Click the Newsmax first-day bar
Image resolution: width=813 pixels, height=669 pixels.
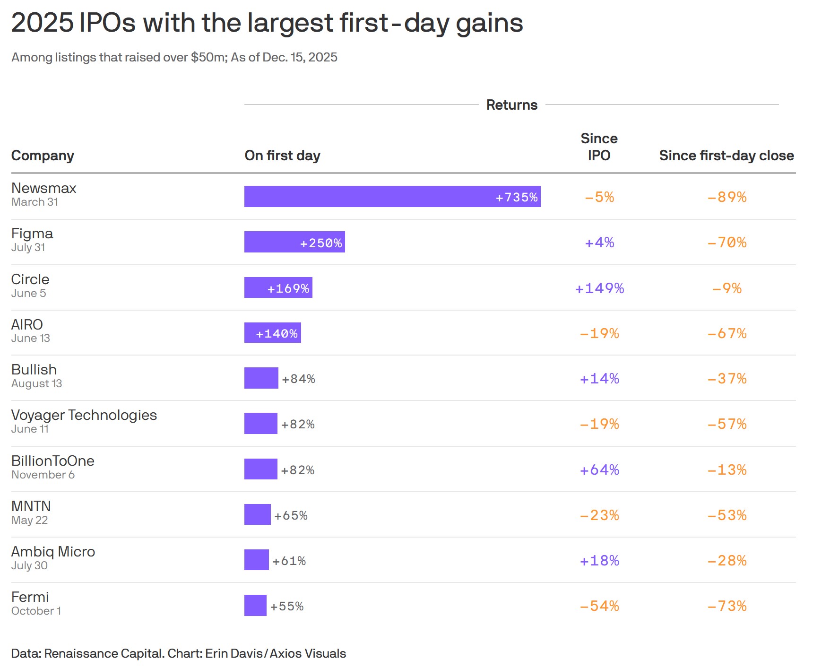[392, 196]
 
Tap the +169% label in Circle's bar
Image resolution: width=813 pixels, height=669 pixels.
[288, 288]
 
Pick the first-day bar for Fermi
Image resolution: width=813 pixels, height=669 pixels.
[255, 605]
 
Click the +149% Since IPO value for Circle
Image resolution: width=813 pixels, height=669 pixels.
[599, 288]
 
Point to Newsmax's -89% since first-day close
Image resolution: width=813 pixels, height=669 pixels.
[727, 197]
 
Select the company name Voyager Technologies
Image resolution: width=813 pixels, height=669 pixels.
[84, 415]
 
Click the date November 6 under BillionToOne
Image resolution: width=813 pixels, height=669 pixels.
[43, 475]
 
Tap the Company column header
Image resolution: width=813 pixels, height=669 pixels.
[43, 156]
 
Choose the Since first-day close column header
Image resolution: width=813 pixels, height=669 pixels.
[727, 156]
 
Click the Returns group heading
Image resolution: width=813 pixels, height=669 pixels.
[512, 104]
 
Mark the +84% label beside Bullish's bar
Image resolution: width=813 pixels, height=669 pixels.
[298, 379]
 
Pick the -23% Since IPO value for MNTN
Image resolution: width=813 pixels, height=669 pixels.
[599, 515]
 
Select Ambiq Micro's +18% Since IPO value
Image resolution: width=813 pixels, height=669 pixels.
[599, 560]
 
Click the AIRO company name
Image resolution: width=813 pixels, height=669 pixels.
[27, 324]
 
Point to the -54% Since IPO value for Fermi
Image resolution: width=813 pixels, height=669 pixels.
[599, 606]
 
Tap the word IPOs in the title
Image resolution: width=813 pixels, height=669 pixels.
[108, 23]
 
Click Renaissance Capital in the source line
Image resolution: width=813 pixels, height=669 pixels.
[104, 653]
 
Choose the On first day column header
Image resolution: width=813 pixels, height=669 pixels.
[282, 156]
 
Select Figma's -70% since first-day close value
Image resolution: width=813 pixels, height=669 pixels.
[727, 243]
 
